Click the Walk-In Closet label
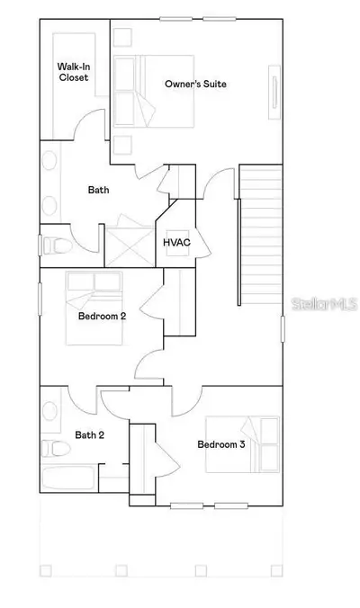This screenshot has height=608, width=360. [74, 72]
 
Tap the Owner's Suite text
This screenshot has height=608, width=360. [195, 84]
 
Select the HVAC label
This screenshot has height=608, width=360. [177, 243]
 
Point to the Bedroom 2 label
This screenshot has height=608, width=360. [102, 316]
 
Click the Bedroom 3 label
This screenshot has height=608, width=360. [221, 444]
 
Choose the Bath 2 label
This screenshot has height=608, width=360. [90, 435]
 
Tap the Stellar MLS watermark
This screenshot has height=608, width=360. [324, 304]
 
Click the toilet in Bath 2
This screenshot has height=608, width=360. [56, 449]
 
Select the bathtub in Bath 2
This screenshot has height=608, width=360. [68, 478]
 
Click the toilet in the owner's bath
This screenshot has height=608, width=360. [58, 246]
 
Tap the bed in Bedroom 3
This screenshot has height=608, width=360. [242, 444]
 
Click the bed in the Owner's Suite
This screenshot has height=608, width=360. [154, 91]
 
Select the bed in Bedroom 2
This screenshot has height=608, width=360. [94, 308]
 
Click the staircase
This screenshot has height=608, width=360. [260, 235]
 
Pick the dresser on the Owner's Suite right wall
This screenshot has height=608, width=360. [274, 93]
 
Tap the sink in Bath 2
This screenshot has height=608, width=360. [49, 411]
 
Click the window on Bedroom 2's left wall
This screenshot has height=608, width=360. [40, 299]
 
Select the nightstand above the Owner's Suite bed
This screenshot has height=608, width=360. [122, 38]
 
